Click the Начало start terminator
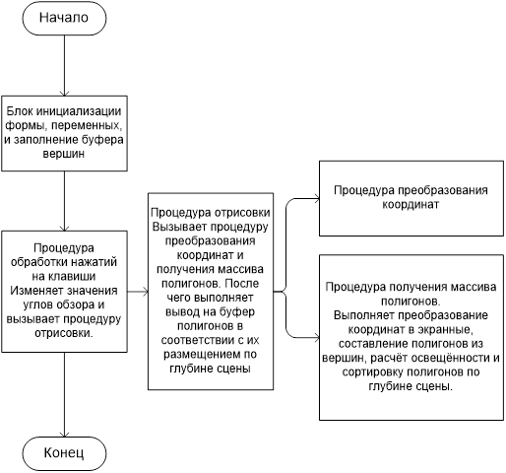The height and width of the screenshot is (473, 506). pos(64,18)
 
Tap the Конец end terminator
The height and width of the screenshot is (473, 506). pos(64,453)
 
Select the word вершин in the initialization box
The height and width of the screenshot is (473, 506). pos(64,154)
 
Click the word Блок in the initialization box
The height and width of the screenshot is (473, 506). pos(20,111)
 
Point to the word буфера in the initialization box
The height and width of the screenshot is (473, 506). pos(102,140)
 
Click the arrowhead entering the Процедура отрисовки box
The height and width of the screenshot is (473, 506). pos(146,292)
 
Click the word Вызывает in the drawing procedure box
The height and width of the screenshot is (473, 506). pos(179,227)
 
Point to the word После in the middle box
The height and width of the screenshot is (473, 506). pos(242,283)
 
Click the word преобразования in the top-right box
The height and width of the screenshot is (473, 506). pos(443,190)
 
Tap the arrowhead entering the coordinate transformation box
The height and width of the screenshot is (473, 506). pos(316,198)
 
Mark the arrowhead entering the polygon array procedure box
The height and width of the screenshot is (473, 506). pos(316,337)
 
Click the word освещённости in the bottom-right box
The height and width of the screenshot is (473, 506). pos(452,358)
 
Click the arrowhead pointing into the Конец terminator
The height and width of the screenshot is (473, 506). pos(64,434)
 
